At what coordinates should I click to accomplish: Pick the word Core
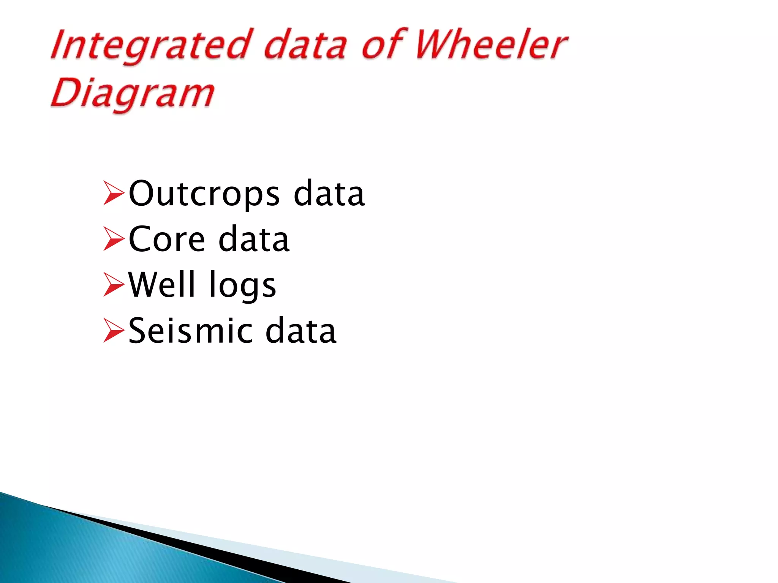pyautogui.click(x=167, y=240)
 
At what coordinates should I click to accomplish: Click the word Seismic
pyautogui.click(x=190, y=331)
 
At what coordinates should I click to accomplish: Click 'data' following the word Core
pyautogui.click(x=254, y=240)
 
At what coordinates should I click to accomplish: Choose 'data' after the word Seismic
pyautogui.click(x=300, y=331)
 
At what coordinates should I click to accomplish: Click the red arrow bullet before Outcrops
pyautogui.click(x=113, y=194)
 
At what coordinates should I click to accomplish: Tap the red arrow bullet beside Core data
pyautogui.click(x=113, y=239)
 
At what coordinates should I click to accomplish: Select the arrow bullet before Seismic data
pyautogui.click(x=113, y=331)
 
